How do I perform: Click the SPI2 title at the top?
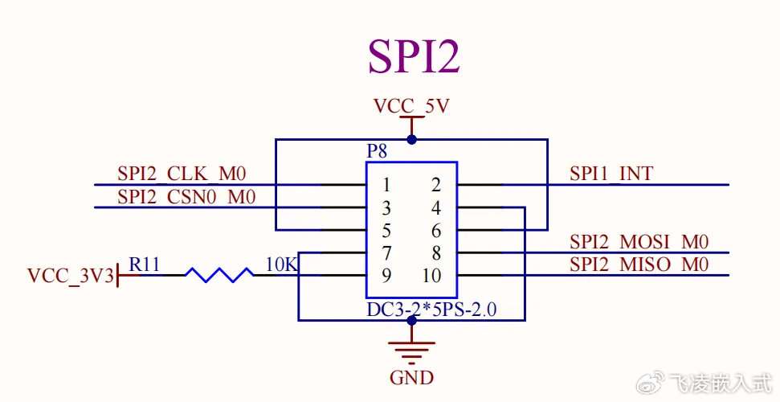414,55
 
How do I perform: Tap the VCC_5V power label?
411,106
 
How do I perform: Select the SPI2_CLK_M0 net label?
182,173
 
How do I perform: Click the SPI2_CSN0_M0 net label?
187,196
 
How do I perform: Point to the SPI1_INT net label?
611,173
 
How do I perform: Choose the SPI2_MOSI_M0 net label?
639,241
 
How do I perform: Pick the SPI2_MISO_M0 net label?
639,264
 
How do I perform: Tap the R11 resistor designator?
145,264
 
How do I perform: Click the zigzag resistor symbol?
218,275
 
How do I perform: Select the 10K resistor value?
281,264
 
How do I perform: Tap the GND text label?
411,377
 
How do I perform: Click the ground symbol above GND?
411,349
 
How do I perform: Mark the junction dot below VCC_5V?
411,139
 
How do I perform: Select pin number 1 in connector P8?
386,185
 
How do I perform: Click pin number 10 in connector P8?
431,276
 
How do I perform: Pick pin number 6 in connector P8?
436,231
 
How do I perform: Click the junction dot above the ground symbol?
411,321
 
